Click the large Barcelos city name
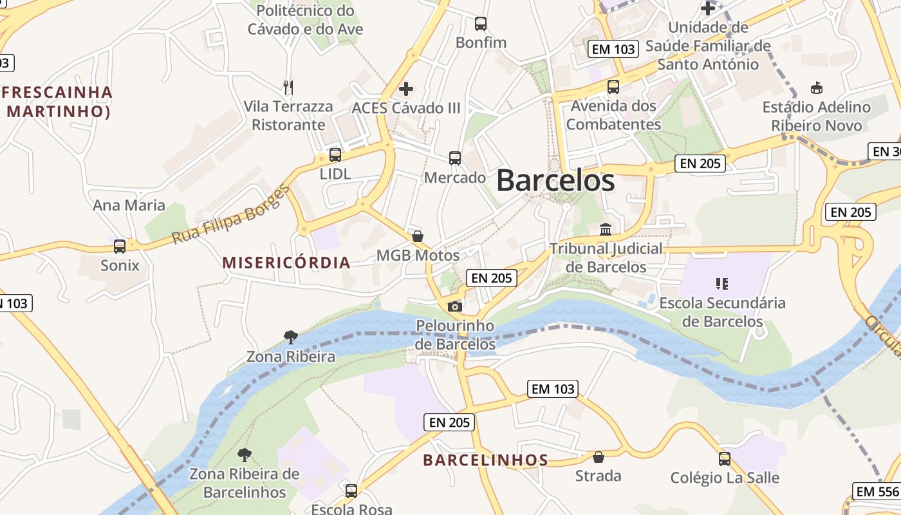coord(555,180)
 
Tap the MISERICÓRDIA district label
coord(286,262)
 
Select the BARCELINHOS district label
coord(485,460)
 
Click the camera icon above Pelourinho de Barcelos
coord(455,306)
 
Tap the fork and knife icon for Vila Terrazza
coord(288,86)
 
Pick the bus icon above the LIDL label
coord(335,154)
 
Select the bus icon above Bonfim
coord(481,24)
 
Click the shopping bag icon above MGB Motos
coord(418,236)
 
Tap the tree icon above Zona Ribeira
coord(291,337)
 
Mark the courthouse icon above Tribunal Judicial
coord(606,229)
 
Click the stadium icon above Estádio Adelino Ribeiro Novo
coord(817,88)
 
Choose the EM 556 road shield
coord(877,492)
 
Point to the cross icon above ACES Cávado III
coord(406,88)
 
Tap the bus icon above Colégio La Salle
coord(725,459)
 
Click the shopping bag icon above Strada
coord(599,457)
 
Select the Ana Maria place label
coord(129,205)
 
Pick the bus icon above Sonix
coord(120,246)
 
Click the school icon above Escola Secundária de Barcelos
coord(722,283)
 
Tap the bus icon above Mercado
coord(455,158)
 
